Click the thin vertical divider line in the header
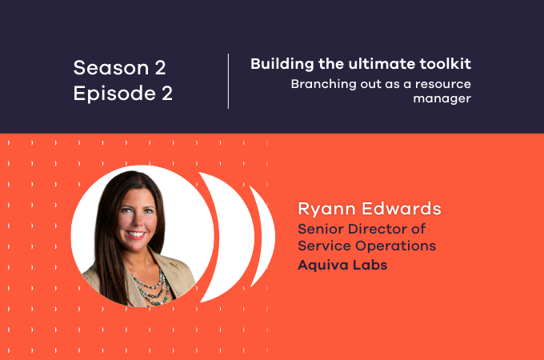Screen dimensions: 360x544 (x=229, y=81)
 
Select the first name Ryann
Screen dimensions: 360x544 (x=322, y=210)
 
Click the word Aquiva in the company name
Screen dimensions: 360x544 (x=324, y=265)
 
